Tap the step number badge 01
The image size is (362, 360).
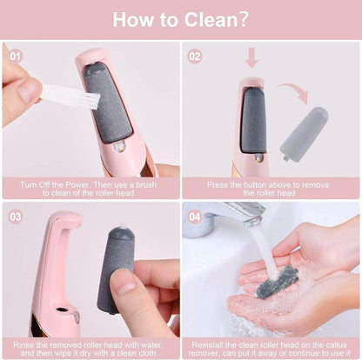click(15, 56)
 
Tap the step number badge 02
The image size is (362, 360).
click(195, 56)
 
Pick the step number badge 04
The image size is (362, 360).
click(195, 217)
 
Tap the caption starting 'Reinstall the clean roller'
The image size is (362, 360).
click(271, 348)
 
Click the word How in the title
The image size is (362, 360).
click(136, 19)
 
